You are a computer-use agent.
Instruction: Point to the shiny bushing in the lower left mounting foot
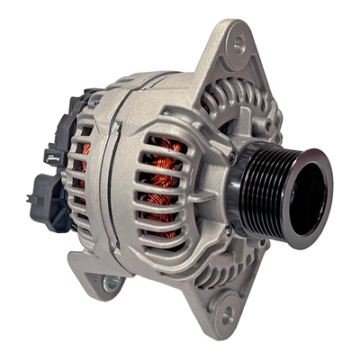(111, 284)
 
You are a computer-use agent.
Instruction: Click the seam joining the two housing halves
(106, 180)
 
